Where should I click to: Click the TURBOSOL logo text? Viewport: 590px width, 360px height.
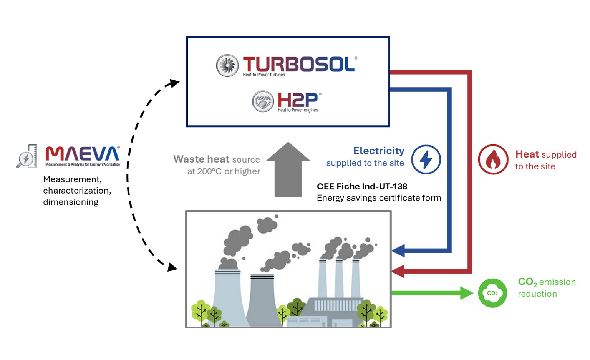299,64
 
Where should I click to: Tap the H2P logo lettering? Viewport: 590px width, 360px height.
298,100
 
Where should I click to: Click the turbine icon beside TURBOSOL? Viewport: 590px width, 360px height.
227,65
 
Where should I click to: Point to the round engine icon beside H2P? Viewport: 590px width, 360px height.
263,101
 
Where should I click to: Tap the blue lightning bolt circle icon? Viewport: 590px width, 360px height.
426,159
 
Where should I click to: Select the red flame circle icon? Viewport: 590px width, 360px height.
493,159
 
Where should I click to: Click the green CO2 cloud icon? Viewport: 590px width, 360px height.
492,293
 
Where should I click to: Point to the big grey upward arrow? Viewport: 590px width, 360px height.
288,169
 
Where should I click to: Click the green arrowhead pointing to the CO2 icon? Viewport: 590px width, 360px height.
467,293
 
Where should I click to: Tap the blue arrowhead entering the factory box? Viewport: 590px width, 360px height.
398,251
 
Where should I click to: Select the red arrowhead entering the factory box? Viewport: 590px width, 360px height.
398,271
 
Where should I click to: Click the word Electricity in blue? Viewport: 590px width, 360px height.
379,151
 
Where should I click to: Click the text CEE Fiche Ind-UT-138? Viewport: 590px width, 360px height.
362,186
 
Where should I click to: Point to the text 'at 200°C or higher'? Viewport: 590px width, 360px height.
224,171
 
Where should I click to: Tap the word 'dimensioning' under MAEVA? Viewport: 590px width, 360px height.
71,202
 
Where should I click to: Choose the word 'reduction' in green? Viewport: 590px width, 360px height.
537,294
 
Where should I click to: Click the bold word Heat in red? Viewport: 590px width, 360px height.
527,154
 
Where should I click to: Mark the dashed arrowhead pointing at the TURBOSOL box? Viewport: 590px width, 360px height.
175,82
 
